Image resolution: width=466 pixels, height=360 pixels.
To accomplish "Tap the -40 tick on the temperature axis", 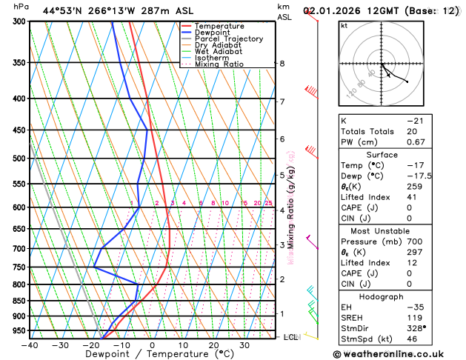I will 30,344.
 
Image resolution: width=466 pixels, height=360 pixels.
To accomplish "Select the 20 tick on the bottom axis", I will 213,344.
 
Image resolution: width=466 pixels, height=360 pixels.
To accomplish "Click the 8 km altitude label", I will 282,64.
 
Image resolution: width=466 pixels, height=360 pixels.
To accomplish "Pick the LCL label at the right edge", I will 291,337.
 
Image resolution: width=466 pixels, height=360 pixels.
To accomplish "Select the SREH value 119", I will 413,317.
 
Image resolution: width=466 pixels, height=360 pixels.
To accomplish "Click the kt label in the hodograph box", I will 344,25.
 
